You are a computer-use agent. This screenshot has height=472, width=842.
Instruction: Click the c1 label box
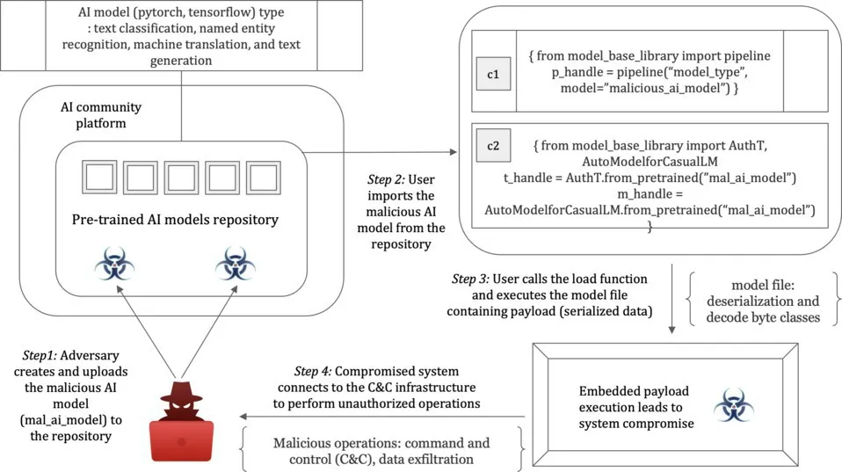493,75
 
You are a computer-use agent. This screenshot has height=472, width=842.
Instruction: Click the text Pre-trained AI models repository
175,220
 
